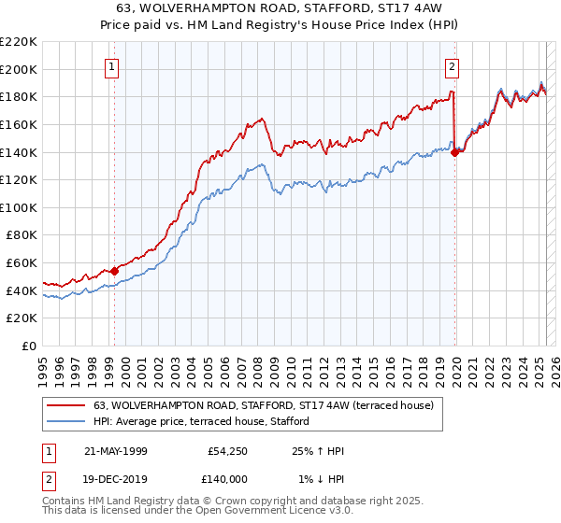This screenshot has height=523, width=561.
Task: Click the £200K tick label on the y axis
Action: tap(20, 69)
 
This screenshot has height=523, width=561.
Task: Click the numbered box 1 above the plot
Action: tap(112, 66)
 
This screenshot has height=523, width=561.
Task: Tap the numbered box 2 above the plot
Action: tap(452, 66)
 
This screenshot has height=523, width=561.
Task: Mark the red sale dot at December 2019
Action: tap(454, 152)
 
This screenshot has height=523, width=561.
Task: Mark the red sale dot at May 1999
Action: tap(115, 271)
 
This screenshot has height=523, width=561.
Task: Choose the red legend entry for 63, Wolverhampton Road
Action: tap(263, 406)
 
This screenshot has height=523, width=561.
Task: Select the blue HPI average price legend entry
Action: tap(207, 422)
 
